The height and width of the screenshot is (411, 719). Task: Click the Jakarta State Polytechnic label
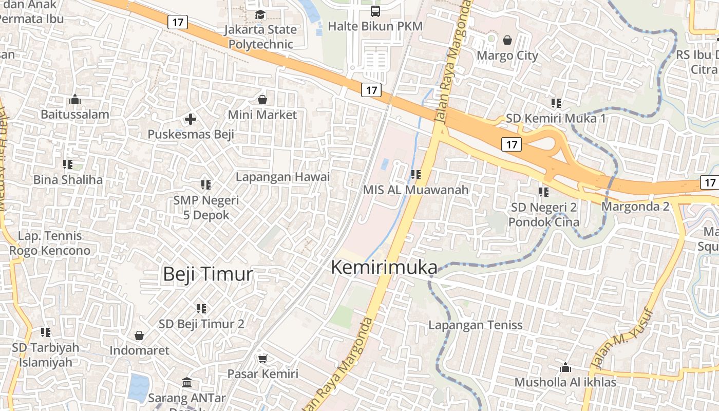(x=260, y=36)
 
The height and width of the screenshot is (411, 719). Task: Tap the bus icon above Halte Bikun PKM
(x=375, y=11)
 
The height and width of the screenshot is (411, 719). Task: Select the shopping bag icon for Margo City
(x=507, y=40)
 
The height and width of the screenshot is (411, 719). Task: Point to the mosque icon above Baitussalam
(x=75, y=99)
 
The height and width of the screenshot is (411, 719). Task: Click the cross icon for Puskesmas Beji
(x=191, y=120)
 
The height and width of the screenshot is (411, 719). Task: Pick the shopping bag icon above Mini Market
(x=262, y=100)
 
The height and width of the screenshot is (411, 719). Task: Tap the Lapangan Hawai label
(x=282, y=177)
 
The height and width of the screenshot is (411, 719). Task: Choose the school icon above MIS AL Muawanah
(x=416, y=175)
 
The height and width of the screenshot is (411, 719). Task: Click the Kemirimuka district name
(x=384, y=267)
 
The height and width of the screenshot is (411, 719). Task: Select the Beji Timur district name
(x=208, y=274)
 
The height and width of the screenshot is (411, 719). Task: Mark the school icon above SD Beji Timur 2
(x=201, y=309)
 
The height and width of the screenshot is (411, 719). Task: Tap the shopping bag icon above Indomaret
(x=139, y=335)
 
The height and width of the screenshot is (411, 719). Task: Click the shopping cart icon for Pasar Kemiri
(x=262, y=359)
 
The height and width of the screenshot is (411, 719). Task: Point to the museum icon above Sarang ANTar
(x=187, y=383)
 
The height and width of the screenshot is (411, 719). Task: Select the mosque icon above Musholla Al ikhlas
(x=565, y=367)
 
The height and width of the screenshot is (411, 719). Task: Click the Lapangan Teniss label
(x=476, y=325)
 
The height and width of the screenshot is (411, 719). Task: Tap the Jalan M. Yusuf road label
(x=621, y=339)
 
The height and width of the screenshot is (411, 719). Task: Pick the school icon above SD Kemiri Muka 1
(x=556, y=103)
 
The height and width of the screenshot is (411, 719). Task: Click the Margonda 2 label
(x=636, y=207)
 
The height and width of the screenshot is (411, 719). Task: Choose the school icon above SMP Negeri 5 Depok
(x=206, y=184)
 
